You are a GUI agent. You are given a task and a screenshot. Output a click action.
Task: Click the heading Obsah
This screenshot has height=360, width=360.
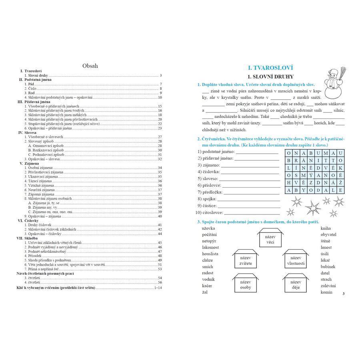90,66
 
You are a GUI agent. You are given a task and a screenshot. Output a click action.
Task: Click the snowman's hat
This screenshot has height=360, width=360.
332,72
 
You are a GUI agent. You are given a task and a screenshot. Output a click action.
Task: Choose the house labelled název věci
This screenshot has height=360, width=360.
270,239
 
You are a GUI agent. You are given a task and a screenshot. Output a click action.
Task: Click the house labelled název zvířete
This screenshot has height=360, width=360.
246,260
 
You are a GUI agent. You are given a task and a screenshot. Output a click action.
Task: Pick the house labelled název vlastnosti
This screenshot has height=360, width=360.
296,260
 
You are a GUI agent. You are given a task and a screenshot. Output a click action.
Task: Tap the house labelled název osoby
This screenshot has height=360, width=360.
246,284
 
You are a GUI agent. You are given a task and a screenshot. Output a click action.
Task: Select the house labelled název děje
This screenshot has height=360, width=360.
296,284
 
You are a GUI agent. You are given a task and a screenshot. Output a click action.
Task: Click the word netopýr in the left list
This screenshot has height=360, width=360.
209,241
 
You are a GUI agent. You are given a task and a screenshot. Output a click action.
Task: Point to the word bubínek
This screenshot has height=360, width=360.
328,267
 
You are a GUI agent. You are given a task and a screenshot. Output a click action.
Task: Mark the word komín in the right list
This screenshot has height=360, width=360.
326,292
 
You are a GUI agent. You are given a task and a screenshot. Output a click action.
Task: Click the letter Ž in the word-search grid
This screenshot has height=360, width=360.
340,182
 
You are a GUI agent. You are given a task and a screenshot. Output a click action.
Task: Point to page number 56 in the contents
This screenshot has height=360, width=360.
160,282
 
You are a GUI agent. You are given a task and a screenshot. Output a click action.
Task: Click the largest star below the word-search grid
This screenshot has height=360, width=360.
312,208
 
